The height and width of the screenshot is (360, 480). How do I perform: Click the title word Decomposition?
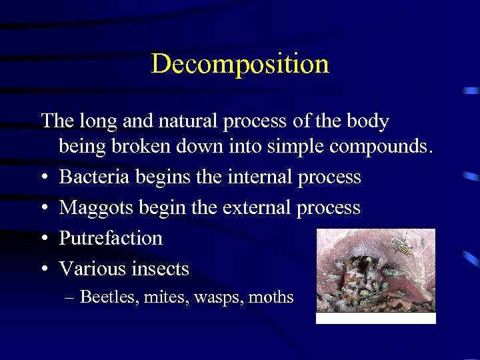[240, 65]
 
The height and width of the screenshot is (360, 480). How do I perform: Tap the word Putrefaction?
[111, 238]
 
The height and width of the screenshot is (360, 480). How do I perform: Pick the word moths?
[271, 297]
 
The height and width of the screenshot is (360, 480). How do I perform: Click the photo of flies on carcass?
[375, 269]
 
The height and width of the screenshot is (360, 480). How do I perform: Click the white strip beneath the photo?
[375, 319]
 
